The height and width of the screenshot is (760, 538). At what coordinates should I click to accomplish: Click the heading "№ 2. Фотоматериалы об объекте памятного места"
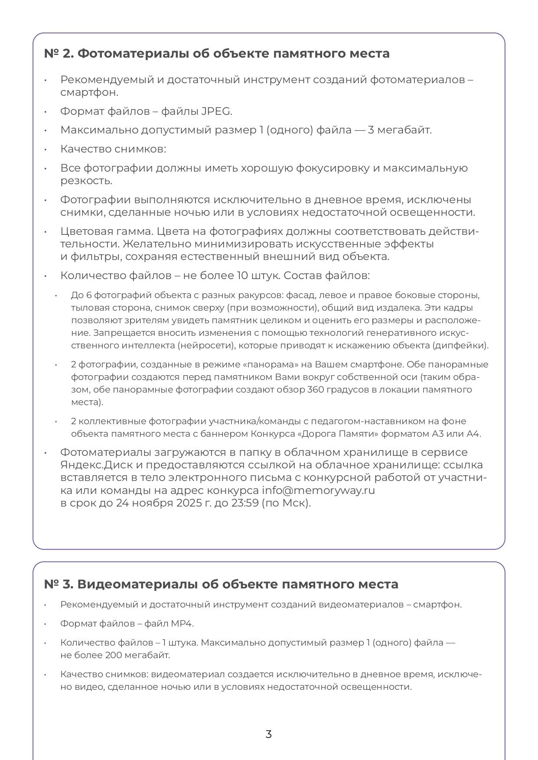pos(217,54)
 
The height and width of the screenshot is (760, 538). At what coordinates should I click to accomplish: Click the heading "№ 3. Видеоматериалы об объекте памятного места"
pos(221,584)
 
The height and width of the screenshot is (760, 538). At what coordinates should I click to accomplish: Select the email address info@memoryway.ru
pos(318,490)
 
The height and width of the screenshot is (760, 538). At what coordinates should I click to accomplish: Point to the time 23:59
pos(246,503)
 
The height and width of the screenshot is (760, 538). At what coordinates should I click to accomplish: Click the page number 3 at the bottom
pos(269,734)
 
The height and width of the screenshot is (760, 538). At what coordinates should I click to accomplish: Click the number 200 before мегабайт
pos(114,655)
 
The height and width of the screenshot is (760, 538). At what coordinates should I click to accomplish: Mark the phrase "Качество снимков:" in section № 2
pos(113,149)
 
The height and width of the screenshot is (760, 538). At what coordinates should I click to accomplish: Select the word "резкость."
pos(86,181)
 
